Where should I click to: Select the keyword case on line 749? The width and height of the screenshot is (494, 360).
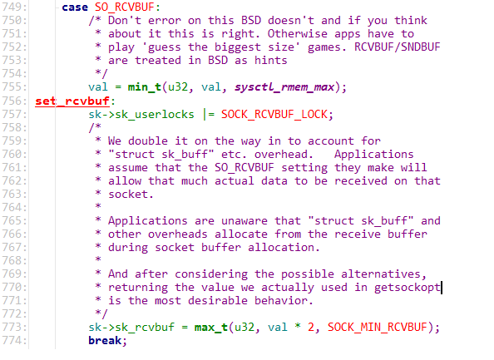[75, 7]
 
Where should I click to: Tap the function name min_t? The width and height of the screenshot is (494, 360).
[145, 87]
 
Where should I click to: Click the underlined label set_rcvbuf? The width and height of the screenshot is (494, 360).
[72, 101]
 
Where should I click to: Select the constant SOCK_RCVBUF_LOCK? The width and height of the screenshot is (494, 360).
[274, 114]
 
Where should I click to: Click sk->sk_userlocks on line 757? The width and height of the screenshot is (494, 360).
[141, 114]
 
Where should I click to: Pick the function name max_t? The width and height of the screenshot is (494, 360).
[211, 328]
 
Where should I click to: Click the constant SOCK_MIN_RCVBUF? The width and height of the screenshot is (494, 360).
[377, 328]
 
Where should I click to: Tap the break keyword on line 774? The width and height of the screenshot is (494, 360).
[105, 341]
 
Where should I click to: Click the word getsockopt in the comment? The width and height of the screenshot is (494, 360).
[407, 288]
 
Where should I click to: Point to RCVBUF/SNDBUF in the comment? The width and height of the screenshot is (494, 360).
[397, 47]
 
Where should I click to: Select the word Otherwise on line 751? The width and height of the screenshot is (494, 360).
[298, 34]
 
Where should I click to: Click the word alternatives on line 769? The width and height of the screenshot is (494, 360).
[381, 274]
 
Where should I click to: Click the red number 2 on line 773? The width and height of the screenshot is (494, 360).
[311, 328]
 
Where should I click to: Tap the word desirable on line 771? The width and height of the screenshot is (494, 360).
[218, 301]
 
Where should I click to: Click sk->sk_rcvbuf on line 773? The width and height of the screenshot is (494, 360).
[131, 328]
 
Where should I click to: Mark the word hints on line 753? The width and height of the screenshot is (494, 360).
[271, 60]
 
